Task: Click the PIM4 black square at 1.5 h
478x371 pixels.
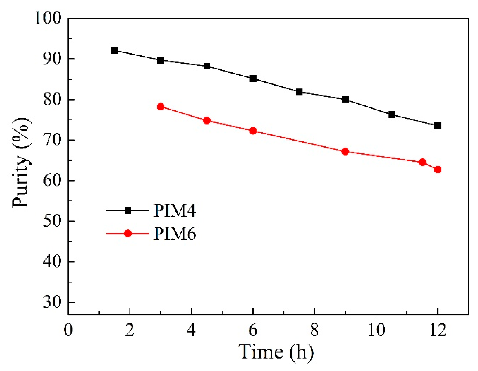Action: coord(114,50)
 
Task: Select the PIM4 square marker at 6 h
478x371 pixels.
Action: coord(253,79)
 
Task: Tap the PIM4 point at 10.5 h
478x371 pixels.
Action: coord(391,114)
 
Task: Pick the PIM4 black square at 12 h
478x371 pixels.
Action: coord(438,126)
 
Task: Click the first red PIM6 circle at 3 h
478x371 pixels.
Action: coord(161,106)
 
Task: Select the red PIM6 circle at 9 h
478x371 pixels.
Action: coord(345,151)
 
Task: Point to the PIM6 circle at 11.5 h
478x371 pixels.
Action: coord(422,162)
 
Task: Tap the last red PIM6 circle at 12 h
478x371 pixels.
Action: coord(438,169)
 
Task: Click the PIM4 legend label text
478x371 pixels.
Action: coord(175,211)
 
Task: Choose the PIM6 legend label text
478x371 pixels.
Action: coord(175,234)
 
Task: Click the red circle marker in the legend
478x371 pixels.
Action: coord(128,234)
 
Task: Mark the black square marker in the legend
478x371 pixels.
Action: coord(128,210)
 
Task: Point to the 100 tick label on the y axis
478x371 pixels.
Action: coord(48,18)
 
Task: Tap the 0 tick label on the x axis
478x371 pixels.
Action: coord(68,330)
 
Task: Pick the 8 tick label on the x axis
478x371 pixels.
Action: coord(314,330)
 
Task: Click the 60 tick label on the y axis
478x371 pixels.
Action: coord(52,180)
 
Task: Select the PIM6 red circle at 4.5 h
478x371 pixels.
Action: coord(207,120)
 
